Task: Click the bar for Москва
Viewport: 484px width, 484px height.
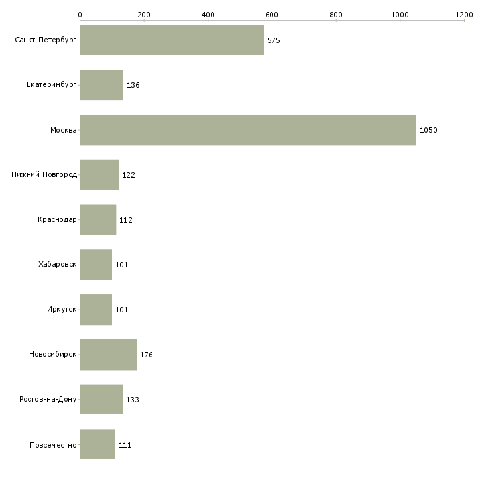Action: [x=248, y=130]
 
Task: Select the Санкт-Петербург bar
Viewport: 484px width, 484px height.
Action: [x=172, y=40]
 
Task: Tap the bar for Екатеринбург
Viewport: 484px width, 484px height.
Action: [x=102, y=85]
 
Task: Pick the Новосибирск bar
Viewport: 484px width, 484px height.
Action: [x=108, y=355]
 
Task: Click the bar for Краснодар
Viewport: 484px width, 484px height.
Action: [x=98, y=219]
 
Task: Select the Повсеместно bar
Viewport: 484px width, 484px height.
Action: [x=98, y=444]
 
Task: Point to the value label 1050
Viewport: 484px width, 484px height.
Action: [x=428, y=130]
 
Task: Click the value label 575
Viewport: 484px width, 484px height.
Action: [x=273, y=40]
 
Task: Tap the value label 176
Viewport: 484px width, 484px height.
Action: [x=147, y=355]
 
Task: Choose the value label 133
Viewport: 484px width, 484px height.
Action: [x=133, y=400]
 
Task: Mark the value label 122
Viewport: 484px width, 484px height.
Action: [x=129, y=175]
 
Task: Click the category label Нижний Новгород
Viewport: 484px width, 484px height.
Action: [x=44, y=175]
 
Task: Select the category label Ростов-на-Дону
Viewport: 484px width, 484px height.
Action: [x=48, y=399]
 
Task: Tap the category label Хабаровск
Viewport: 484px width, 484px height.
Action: [x=58, y=265]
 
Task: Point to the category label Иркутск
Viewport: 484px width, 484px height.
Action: [x=62, y=309]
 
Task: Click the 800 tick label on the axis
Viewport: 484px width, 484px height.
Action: [x=336, y=15]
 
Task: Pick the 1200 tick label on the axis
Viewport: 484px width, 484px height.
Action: [x=464, y=15]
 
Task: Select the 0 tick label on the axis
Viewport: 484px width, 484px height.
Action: [x=80, y=15]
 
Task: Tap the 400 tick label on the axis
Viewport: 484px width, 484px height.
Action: [x=208, y=15]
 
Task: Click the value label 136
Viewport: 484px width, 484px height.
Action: [x=133, y=85]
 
